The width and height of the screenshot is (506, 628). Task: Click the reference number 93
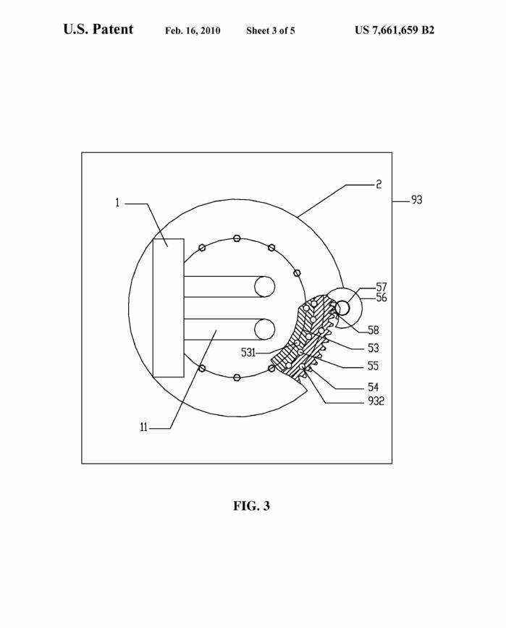tap(417, 199)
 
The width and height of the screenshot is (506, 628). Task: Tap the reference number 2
tap(379, 184)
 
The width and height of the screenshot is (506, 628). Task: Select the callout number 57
tap(381, 287)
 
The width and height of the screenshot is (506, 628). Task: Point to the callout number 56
tap(381, 297)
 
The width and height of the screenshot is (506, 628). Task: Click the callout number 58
tap(373, 330)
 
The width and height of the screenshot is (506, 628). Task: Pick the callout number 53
tap(373, 348)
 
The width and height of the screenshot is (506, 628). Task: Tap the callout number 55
tap(373, 366)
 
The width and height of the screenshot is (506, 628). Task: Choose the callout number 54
tap(373, 387)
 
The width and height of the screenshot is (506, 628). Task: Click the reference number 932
tap(376, 401)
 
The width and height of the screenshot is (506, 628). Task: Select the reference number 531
tap(248, 353)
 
